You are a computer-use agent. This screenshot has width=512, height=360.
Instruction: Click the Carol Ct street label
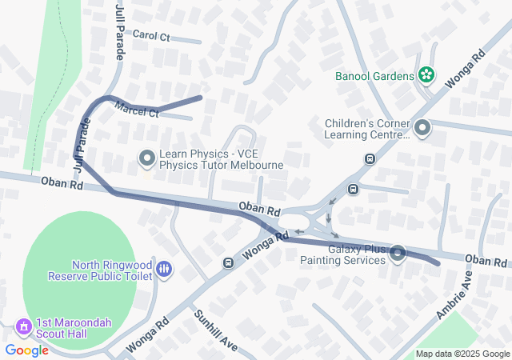tap(151, 35)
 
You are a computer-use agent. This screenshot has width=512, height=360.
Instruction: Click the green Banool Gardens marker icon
tap(426, 76)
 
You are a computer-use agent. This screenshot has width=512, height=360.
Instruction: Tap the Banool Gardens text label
tap(374, 77)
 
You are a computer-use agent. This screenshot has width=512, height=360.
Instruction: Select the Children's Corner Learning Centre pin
tap(422, 128)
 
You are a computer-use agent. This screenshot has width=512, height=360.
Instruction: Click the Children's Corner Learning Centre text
tap(367, 129)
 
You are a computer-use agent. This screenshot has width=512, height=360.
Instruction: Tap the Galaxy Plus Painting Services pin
tap(398, 254)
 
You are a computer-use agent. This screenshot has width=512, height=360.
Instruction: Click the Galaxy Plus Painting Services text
tap(344, 254)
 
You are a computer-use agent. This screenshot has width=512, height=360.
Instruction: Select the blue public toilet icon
tap(164, 270)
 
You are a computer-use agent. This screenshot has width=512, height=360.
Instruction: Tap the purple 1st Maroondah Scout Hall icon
tap(24, 327)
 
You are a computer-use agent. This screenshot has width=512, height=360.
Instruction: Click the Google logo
tap(26, 350)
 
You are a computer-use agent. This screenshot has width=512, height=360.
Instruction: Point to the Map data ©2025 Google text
tap(462, 354)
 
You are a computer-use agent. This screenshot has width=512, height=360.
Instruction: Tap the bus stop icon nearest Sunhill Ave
tap(228, 262)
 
